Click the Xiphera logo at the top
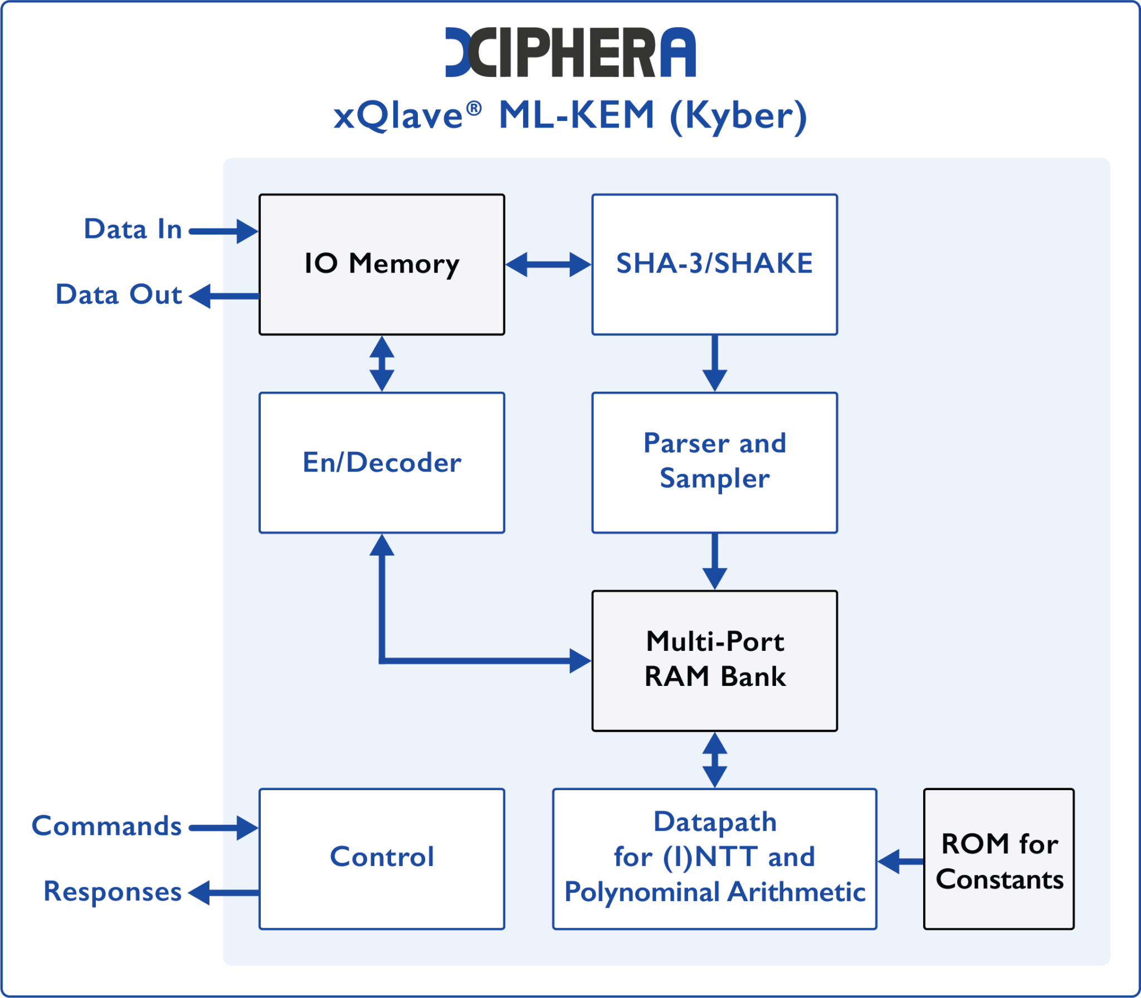[x=570, y=52]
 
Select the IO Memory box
[x=382, y=264]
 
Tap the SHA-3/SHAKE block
[x=714, y=264]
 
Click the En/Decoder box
[x=382, y=463]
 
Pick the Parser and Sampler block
[x=714, y=463]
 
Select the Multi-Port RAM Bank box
[x=714, y=660]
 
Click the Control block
[x=382, y=859]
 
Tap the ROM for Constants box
[x=998, y=859]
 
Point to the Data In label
[x=133, y=229]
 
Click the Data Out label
[x=119, y=294]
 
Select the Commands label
[x=106, y=826]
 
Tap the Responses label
[x=113, y=892]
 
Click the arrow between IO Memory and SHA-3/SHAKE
[x=548, y=264]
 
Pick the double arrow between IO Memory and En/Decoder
[x=382, y=363]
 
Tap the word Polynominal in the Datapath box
[x=642, y=892]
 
